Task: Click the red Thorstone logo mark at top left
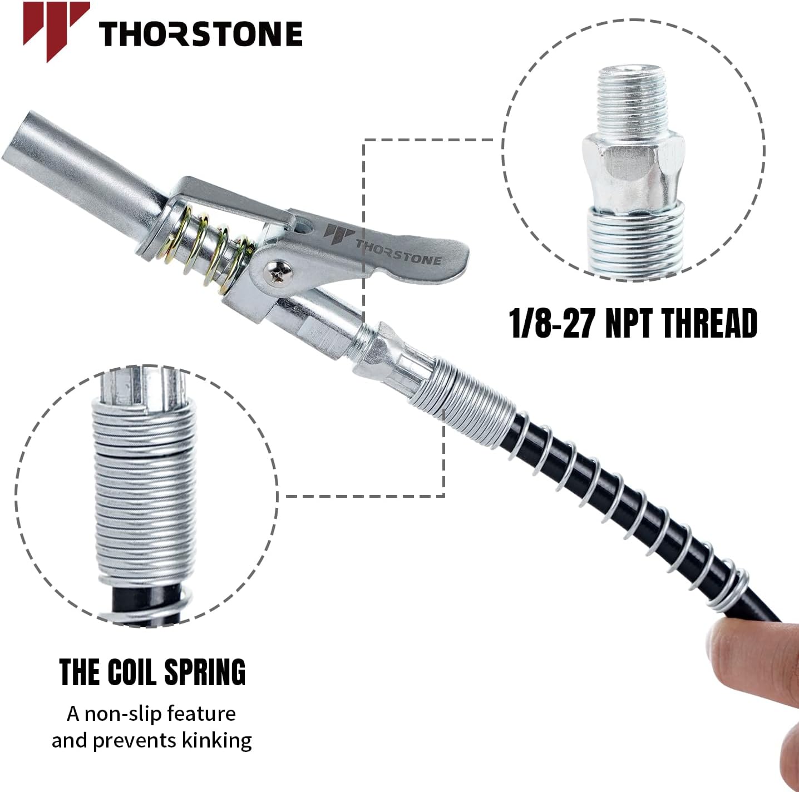(x=56, y=29)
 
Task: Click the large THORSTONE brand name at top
(x=201, y=34)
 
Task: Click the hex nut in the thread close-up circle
(x=633, y=170)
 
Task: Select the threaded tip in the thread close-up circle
(x=633, y=100)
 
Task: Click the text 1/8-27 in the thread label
(x=554, y=324)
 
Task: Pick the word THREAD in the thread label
(x=710, y=324)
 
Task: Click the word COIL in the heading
(x=135, y=672)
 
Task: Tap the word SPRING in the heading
(x=205, y=672)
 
